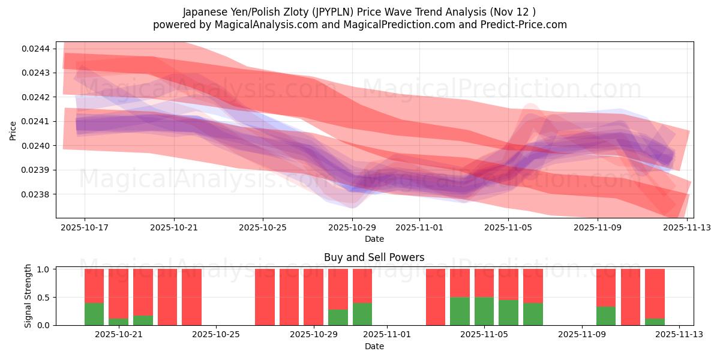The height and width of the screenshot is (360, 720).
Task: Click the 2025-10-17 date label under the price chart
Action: pyautogui.click(x=84, y=228)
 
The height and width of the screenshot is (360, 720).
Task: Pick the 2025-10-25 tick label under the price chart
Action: pyautogui.click(x=263, y=228)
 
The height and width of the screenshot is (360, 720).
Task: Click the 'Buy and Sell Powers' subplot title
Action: pyautogui.click(x=374, y=257)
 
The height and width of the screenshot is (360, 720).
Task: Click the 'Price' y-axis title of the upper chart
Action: pyautogui.click(x=13, y=130)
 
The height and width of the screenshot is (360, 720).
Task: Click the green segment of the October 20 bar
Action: pyautogui.click(x=94, y=314)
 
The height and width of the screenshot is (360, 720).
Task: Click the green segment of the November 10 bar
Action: pyautogui.click(x=606, y=316)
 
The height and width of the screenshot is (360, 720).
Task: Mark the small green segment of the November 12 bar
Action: pyautogui.click(x=655, y=322)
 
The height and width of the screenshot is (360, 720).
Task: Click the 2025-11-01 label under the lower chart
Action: pyautogui.click(x=387, y=334)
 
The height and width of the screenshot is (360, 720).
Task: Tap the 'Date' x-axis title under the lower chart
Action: pyautogui.click(x=374, y=346)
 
